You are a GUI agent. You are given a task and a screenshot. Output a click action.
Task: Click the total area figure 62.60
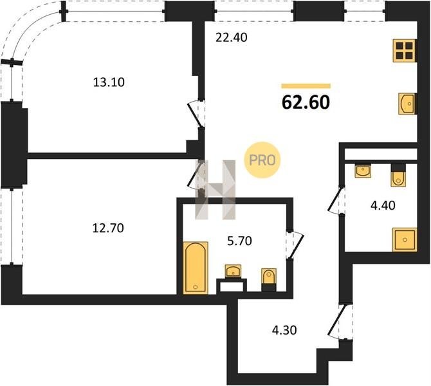pyautogui.click(x=306, y=102)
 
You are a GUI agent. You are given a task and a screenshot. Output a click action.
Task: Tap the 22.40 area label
pyautogui.click(x=232, y=37)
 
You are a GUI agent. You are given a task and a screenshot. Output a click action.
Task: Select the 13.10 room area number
pyautogui.click(x=109, y=82)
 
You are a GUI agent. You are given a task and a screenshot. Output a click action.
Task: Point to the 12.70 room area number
pyautogui.click(x=108, y=228)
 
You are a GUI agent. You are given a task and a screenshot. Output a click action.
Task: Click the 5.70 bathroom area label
pyautogui.click(x=240, y=241)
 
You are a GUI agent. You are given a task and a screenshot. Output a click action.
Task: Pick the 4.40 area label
pyautogui.click(x=383, y=205)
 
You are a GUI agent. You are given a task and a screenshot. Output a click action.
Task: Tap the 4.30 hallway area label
pyautogui.click(x=284, y=330)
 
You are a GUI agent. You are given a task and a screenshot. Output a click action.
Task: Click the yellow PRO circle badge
pyautogui.click(x=262, y=160)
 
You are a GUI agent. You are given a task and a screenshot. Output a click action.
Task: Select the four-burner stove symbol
pyautogui.click(x=404, y=51)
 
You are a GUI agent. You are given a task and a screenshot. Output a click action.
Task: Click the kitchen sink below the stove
pyautogui.click(x=407, y=104)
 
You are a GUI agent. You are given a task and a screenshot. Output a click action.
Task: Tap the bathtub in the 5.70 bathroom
pyautogui.click(x=196, y=268)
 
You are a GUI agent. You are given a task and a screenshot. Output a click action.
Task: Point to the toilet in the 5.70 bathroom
pyautogui.click(x=269, y=279)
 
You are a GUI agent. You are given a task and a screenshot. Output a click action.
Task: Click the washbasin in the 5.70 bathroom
pyautogui.click(x=233, y=271)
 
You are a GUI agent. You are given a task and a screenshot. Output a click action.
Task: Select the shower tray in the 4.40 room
pyautogui.click(x=405, y=239)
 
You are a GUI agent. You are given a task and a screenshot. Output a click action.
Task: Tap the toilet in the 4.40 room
pyautogui.click(x=399, y=176)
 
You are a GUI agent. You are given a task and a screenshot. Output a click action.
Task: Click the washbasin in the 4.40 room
pyautogui.click(x=363, y=171)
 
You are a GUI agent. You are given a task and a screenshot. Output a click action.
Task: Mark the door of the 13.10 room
pyautogui.click(x=197, y=115)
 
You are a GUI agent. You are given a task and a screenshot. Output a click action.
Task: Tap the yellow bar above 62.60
pyautogui.click(x=306, y=86)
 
